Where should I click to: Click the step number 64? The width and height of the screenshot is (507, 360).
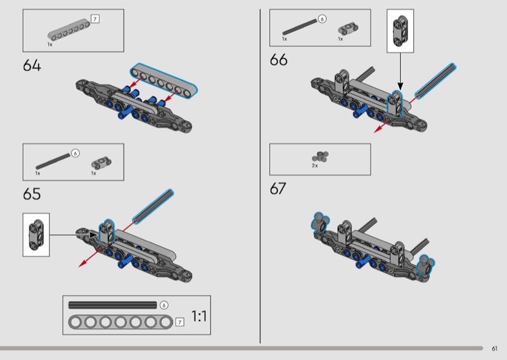(32, 65)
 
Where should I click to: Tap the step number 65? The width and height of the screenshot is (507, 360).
(32, 194)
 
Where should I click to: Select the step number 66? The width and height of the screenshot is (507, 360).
(278, 60)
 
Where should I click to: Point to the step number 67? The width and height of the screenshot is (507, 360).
(278, 189)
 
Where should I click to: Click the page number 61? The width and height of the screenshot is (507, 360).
(494, 349)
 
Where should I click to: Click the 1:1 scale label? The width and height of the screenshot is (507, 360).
(199, 316)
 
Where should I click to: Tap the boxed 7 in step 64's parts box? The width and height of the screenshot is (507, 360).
(94, 19)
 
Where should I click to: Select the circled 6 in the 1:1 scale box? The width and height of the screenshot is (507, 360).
(164, 305)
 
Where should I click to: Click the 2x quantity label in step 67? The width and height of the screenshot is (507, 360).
(314, 165)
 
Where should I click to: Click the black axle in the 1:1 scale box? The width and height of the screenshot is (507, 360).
(113, 305)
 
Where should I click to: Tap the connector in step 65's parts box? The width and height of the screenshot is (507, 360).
(101, 163)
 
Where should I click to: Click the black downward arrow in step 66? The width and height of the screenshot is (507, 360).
(401, 72)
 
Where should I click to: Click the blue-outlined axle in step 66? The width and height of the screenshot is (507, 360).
(435, 81)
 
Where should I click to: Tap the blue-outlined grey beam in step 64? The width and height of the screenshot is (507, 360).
(164, 80)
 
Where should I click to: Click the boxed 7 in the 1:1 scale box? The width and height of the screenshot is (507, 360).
(180, 322)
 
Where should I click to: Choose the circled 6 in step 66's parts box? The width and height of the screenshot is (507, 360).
(322, 19)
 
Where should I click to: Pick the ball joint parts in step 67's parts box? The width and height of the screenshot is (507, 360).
(320, 156)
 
